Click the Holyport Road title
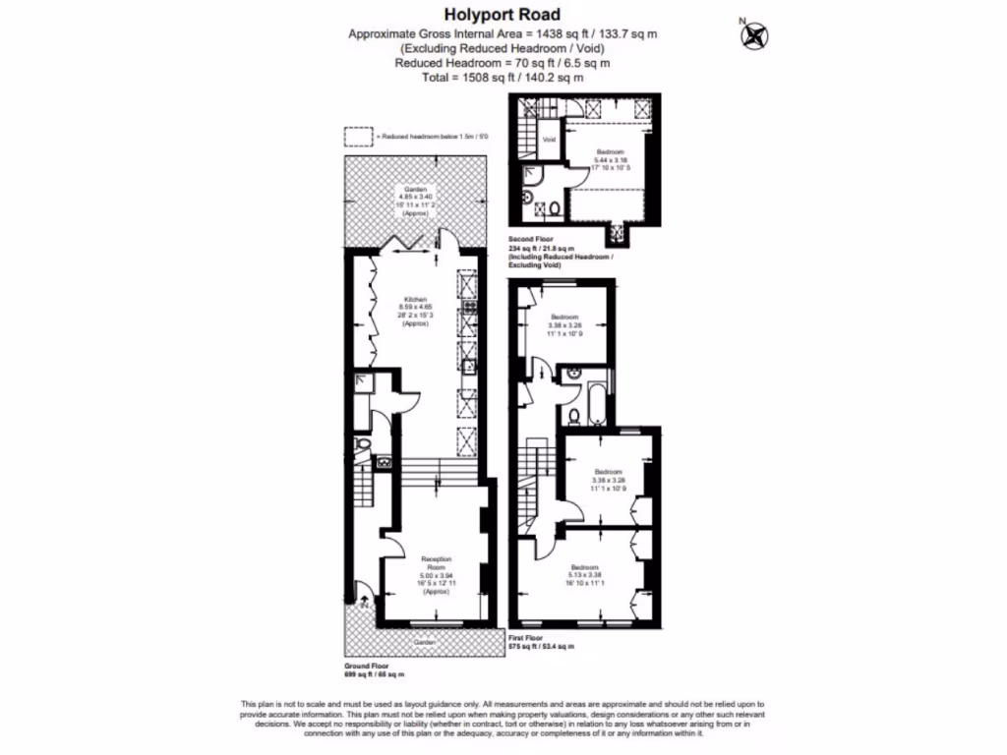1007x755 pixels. point(503,14)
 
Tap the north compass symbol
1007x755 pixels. point(755,35)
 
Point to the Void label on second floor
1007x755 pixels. point(549,140)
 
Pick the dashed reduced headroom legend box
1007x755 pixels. point(358,137)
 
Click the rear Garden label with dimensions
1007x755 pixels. point(414,200)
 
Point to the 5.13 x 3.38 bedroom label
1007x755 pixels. point(584,575)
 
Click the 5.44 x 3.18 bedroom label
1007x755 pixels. point(611,159)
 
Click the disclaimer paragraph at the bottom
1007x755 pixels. point(503,718)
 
